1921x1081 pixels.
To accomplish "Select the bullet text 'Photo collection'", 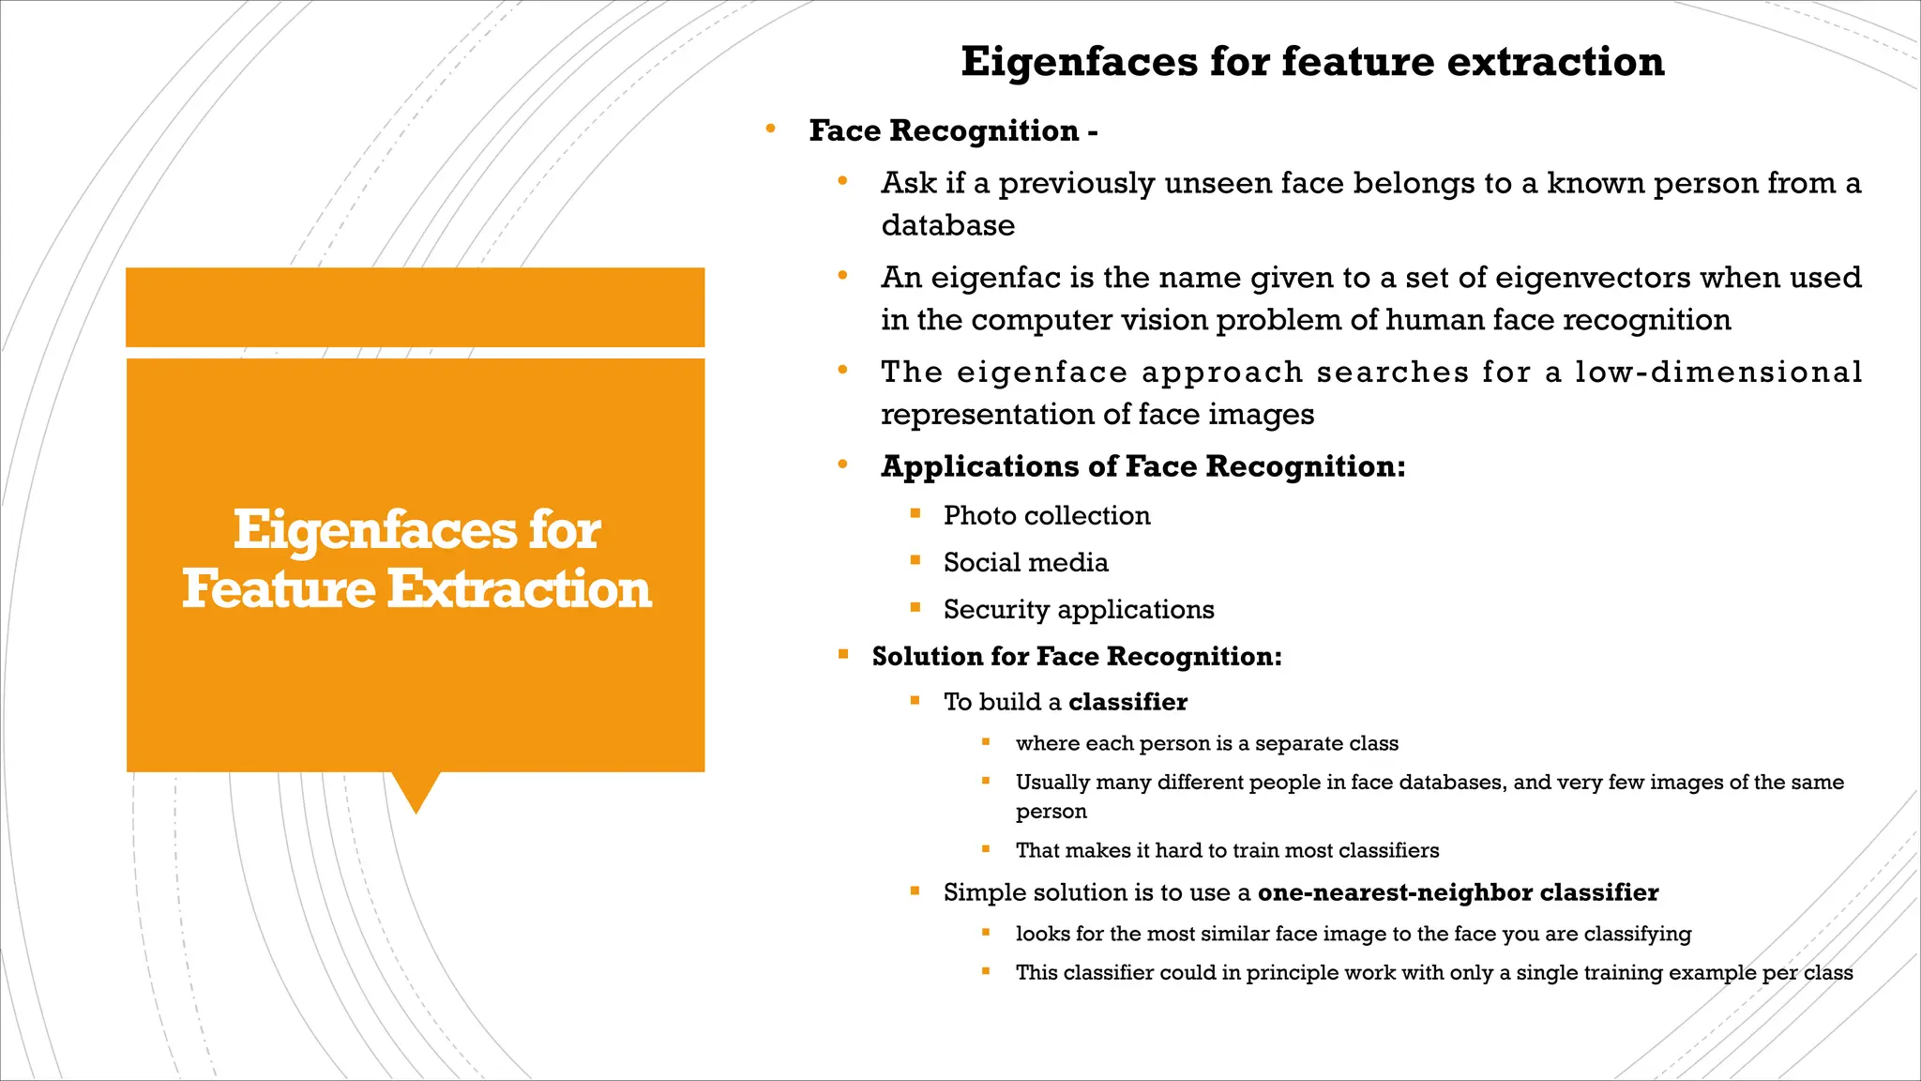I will coord(1046,515).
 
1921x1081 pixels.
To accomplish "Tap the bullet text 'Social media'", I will coord(1025,562).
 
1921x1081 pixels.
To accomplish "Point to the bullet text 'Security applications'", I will coord(1078,609).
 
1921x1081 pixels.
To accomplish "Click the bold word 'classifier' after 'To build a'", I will coord(1127,702).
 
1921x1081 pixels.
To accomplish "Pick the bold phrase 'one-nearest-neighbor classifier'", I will coord(1458,892).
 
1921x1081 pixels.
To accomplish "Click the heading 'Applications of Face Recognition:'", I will coord(1142,466).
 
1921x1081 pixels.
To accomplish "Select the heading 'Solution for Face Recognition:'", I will coord(1076,656).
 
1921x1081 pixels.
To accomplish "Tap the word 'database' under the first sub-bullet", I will coord(947,225).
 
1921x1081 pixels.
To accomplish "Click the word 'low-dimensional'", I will coord(1718,372).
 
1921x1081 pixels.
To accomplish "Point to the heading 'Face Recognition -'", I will coord(952,130).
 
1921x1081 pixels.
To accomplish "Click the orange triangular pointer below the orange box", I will coord(416,789).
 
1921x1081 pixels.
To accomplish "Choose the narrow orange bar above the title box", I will coord(415,307).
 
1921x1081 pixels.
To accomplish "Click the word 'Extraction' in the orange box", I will coord(519,589).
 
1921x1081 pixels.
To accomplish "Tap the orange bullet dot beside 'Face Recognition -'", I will coord(770,129).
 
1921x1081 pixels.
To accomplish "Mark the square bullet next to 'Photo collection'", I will coord(915,513).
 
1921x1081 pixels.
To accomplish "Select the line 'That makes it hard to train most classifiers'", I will coord(1227,850).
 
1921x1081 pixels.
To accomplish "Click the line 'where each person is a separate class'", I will coord(1206,743).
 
